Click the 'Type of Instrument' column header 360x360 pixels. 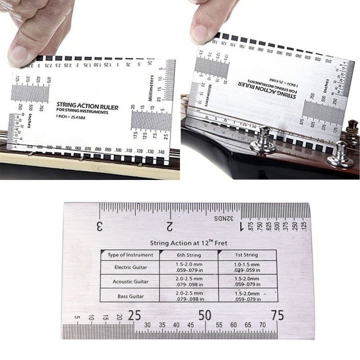pos(130,255)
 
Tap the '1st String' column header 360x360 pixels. pos(247,255)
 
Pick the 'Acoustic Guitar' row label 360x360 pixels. pos(130,281)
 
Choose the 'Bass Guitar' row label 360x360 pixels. pos(130,296)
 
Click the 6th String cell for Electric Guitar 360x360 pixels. pos(188,267)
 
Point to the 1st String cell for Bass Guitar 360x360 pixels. pos(247,296)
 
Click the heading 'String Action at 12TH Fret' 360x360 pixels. pos(188,243)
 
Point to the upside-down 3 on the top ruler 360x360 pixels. pos(100,225)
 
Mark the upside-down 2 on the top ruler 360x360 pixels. pos(170,225)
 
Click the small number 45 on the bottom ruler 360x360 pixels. pos(190,325)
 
